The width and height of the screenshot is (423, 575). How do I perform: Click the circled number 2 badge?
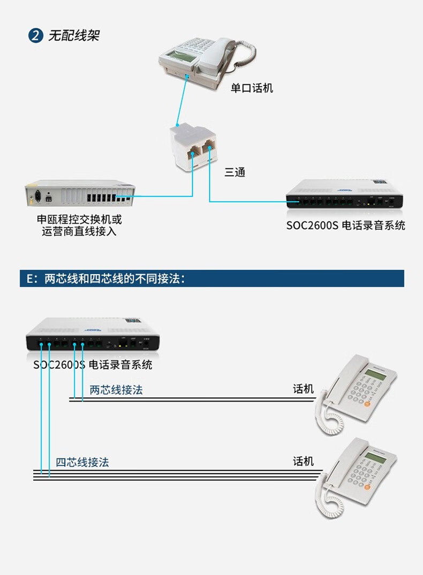[x=35, y=36]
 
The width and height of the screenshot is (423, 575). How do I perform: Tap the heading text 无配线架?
[x=73, y=36]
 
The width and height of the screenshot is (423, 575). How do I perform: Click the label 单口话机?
[x=252, y=88]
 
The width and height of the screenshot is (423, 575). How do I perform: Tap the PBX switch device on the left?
[x=80, y=195]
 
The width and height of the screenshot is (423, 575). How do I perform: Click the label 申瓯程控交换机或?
[x=79, y=220]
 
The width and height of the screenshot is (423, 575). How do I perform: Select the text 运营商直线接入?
[x=79, y=232]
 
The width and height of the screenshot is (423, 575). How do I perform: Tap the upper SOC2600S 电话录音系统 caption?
[x=345, y=225]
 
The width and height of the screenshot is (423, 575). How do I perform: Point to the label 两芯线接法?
[x=116, y=390]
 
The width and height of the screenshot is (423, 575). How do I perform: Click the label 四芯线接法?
[x=82, y=462]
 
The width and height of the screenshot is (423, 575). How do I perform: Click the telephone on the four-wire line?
[x=356, y=476]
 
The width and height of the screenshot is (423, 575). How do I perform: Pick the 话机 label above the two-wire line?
[x=303, y=389]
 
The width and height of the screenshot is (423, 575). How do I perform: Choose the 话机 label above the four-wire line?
[x=303, y=461]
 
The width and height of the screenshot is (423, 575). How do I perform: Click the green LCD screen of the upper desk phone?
[x=375, y=374]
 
